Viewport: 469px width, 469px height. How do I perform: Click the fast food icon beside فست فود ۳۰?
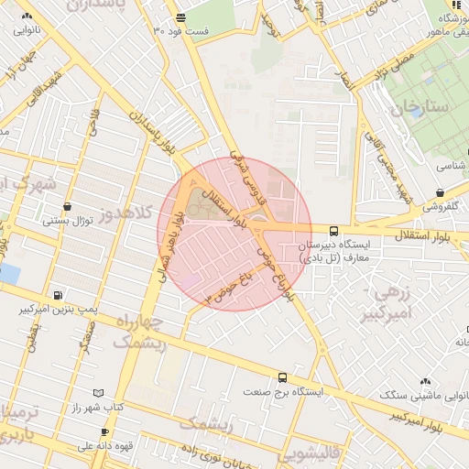180,18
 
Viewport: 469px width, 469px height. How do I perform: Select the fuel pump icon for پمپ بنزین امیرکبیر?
59,296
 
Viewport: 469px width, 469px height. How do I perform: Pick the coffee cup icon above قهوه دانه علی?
104,431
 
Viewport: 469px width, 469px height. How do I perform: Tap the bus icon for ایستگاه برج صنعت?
282,377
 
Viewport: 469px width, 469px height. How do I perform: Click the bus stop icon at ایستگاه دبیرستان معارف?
333,233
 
